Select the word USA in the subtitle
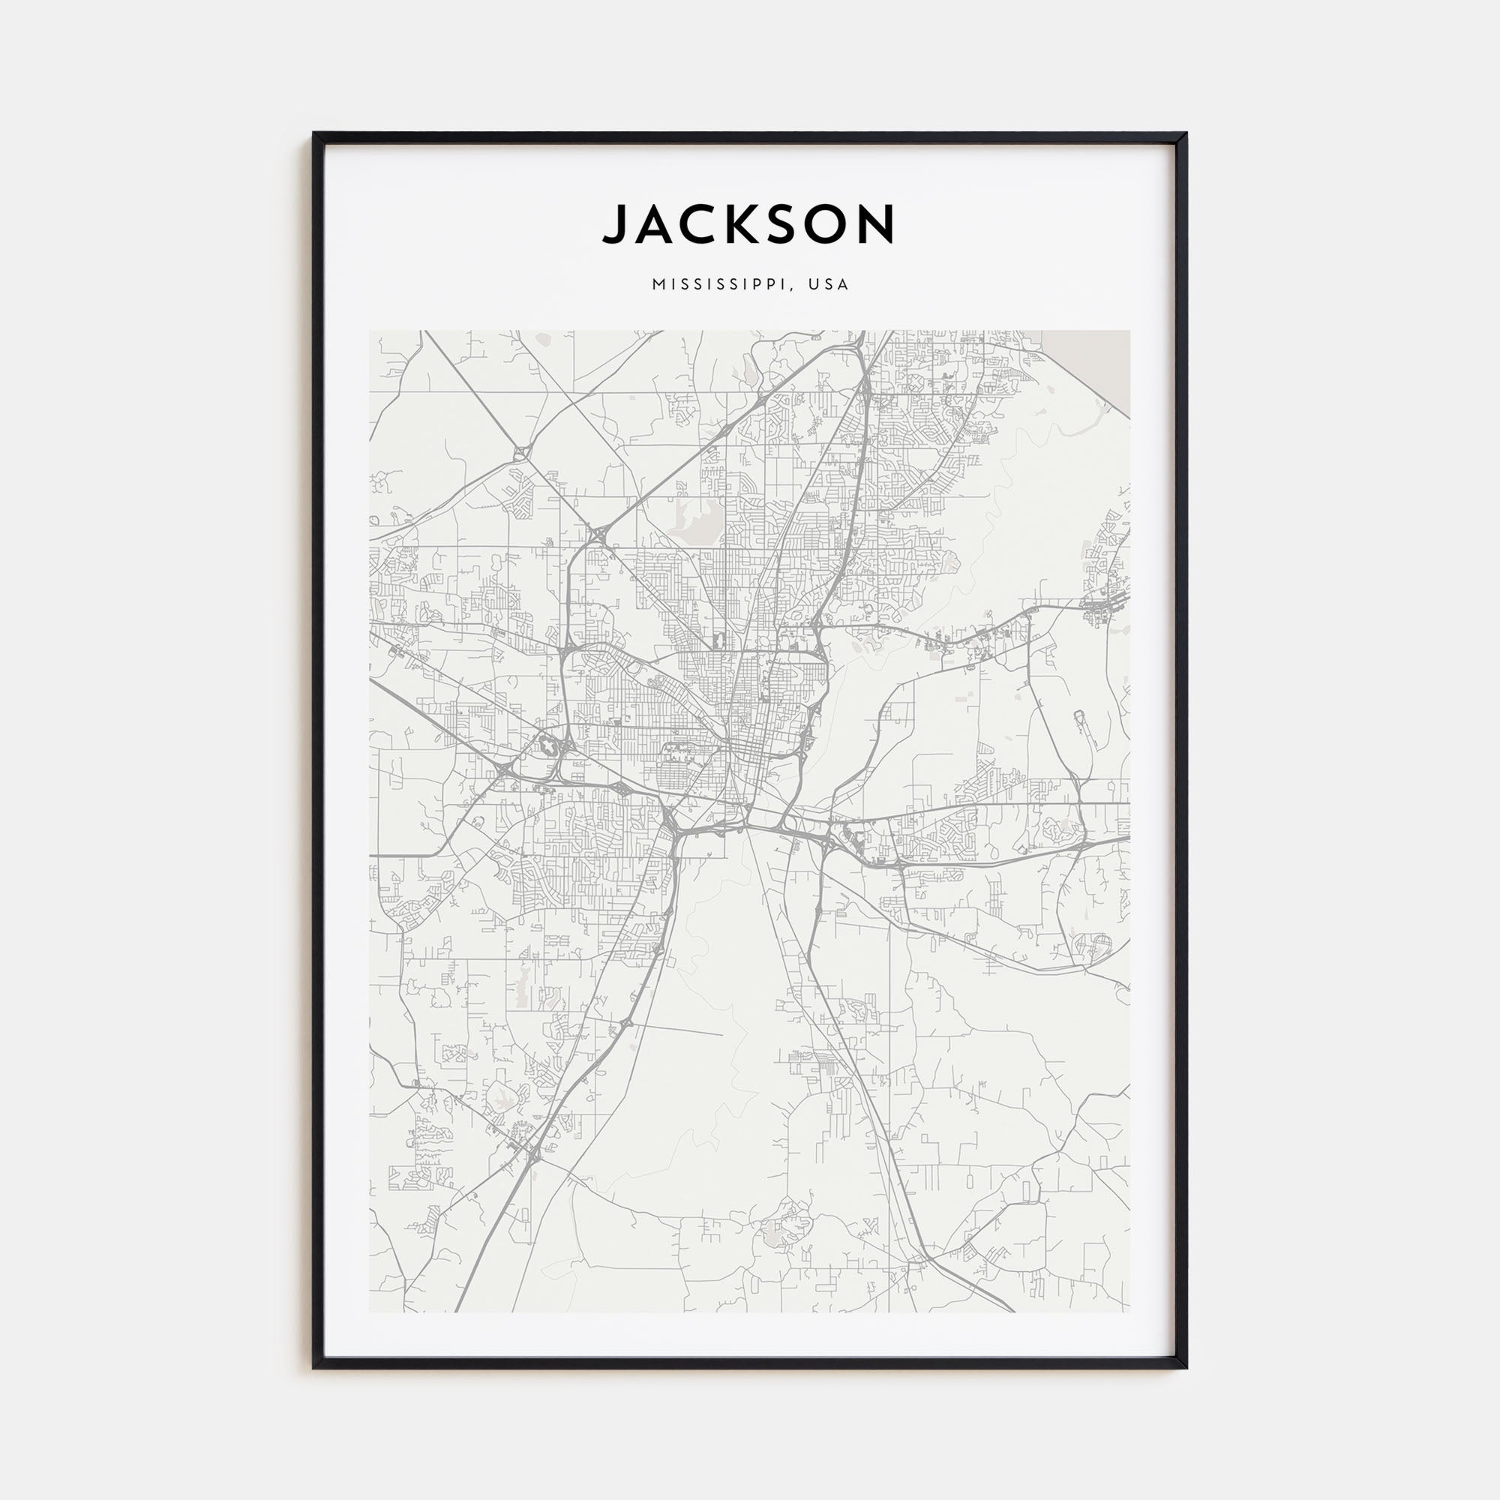tap(829, 285)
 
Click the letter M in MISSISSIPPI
tap(658, 285)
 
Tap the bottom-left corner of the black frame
tap(315, 1366)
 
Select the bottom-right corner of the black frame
tap(1185, 1366)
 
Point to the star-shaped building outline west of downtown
tap(548, 746)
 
